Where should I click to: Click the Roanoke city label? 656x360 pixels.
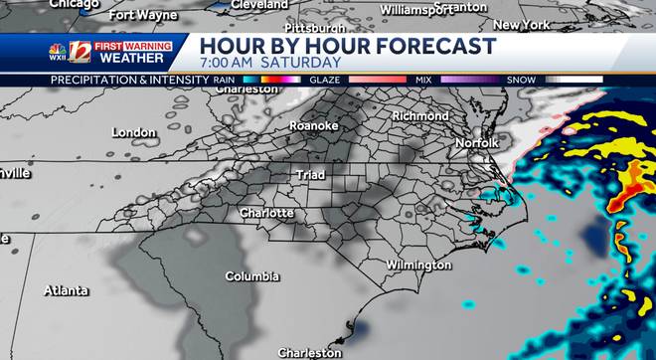click(313, 125)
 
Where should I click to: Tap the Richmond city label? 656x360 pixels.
click(420, 116)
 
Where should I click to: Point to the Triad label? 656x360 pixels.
click(310, 175)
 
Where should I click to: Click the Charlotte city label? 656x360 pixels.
click(266, 214)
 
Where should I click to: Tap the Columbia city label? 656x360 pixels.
click(251, 276)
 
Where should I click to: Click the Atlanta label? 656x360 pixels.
click(67, 290)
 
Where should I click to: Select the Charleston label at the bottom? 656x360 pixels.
click(309, 352)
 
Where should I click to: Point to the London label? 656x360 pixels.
click(134, 132)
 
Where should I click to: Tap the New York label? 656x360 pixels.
click(522, 25)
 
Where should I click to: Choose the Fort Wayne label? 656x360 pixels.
click(142, 15)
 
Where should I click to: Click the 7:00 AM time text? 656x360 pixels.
click(227, 63)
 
